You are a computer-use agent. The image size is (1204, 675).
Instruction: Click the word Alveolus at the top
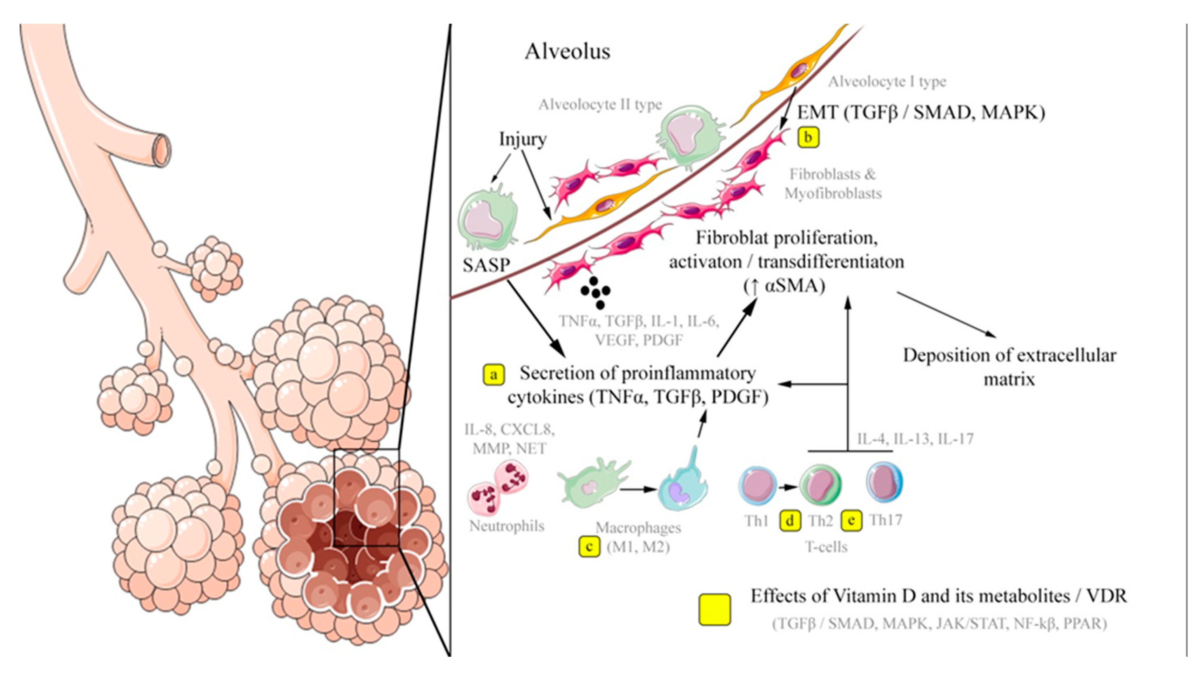[567, 52]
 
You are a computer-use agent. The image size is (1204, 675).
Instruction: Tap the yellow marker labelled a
[493, 374]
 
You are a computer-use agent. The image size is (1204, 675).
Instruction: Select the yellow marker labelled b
[808, 138]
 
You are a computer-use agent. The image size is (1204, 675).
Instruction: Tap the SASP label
[486, 265]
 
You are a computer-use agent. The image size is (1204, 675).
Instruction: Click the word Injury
[523, 139]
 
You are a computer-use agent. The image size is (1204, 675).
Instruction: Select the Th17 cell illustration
[884, 483]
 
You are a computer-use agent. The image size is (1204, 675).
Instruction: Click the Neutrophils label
[507, 526]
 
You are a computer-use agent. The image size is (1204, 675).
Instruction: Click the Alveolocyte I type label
[887, 82]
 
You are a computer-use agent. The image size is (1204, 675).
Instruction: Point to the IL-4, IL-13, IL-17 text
[915, 439]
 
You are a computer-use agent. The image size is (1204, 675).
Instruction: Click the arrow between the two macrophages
[638, 489]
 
